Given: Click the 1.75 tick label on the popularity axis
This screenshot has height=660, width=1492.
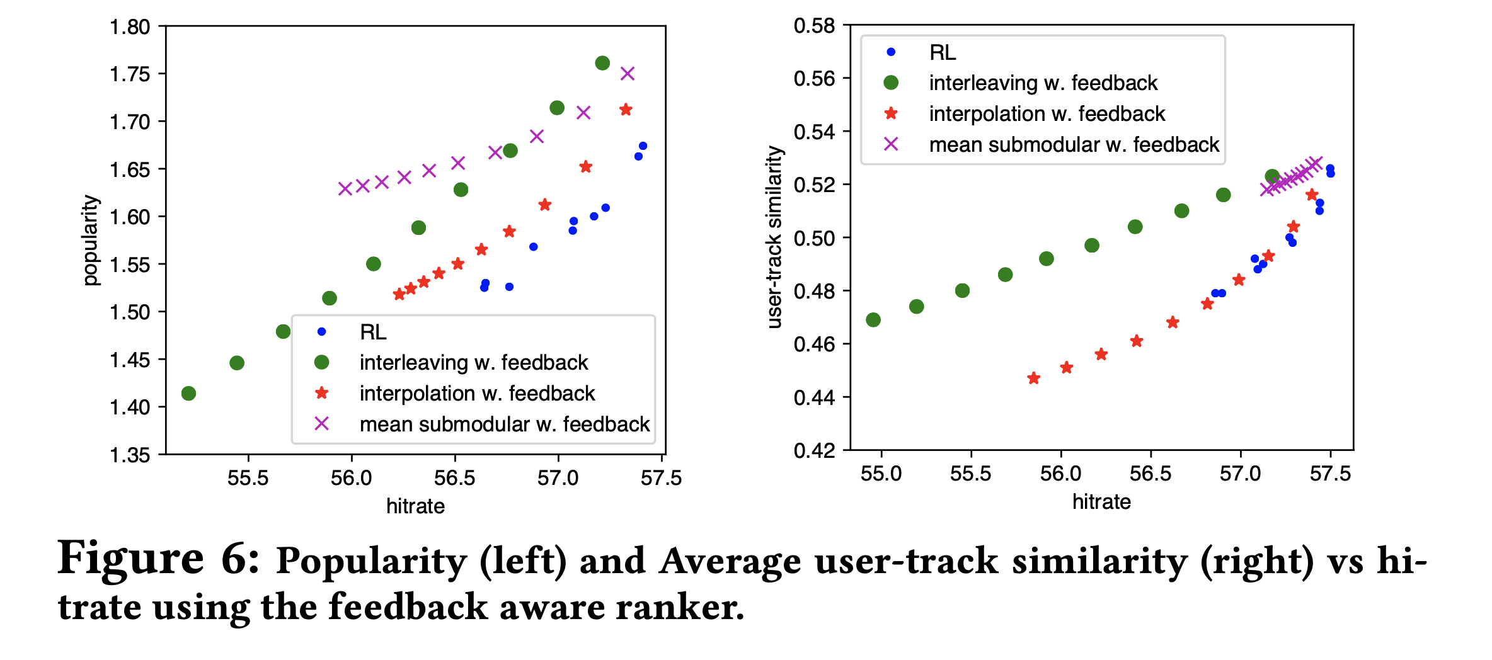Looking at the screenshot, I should point(130,74).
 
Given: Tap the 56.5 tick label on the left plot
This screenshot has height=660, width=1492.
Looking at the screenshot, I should point(454,478).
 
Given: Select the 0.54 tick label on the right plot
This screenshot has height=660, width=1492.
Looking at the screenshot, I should point(814,132).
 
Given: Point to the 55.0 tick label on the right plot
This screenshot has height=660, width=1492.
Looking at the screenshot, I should point(881,474).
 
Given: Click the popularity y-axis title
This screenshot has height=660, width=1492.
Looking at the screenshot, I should point(91,240).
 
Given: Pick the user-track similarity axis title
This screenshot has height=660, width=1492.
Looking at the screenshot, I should point(774,237).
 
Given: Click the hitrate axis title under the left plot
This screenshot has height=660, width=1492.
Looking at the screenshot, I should point(415,506).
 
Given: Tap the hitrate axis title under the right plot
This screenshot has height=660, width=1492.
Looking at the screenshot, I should point(1101,502).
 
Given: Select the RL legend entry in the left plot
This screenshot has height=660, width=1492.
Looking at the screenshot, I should point(373,332).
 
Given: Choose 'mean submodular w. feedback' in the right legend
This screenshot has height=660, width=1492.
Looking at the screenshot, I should point(1074,145).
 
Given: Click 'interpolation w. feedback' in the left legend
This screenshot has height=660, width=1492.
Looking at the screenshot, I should point(477,394).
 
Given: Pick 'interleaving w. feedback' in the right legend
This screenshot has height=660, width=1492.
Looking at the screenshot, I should point(1043,83).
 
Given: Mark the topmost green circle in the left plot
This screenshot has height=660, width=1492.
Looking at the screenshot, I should point(602,63).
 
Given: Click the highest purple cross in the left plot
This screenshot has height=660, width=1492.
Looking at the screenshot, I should point(627,74).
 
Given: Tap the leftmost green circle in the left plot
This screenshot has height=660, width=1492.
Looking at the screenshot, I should point(188,394).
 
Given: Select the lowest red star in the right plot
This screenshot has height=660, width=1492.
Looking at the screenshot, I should point(1033,378).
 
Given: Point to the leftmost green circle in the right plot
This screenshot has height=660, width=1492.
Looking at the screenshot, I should point(873,320).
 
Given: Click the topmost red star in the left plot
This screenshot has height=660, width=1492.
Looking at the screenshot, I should point(626,110).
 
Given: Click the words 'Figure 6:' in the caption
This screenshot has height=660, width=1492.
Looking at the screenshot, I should point(158,559).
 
